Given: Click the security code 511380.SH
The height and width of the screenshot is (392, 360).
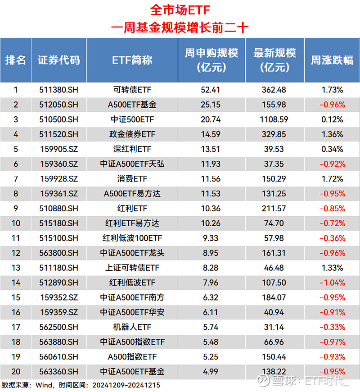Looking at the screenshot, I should pos(58,90).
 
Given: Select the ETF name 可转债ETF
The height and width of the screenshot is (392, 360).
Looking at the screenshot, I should pos(132,90).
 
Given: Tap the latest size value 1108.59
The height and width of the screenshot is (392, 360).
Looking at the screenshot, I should pos(274,119).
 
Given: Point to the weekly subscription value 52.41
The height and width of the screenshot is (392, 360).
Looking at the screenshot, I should pos(210,90).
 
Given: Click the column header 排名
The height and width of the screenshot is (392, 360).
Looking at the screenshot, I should pos(16,60).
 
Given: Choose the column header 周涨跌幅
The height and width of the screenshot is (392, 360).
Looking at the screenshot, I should pos(332,60).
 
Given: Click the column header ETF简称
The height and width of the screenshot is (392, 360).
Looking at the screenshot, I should pos(132,60).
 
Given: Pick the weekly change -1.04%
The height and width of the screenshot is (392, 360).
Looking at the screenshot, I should pos(332,283).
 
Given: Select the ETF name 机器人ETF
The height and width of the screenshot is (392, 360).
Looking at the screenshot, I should pos(132,327).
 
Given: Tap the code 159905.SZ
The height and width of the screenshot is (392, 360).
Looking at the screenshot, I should pos(58,149).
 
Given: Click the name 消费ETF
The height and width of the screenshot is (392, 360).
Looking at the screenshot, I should pos(132,179).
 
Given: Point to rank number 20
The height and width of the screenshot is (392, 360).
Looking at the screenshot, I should pos(16,372).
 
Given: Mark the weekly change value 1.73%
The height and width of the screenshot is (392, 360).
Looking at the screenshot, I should pos(332,90).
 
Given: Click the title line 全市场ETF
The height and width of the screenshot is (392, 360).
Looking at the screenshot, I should pos(180,10).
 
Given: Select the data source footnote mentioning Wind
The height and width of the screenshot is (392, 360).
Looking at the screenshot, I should pos(81,385).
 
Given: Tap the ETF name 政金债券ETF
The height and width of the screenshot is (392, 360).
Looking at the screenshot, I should pos(132,134).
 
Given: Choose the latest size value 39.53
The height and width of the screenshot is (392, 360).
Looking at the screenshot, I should pos(274,149).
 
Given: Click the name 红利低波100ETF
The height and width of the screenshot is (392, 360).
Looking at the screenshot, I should pos(132,238).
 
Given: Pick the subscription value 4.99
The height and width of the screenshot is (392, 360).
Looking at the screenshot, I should pos(210,372).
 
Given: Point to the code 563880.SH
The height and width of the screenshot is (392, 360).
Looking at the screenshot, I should pos(58,342).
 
